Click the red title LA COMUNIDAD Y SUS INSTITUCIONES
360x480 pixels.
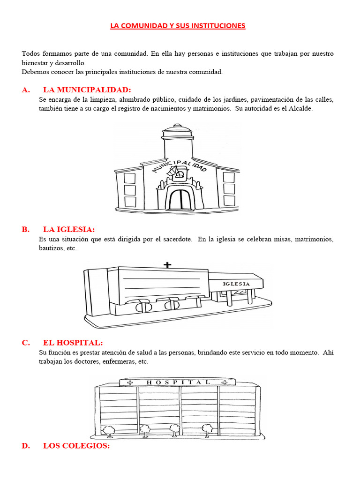pos(178,26)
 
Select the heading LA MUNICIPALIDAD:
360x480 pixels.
pos(87,90)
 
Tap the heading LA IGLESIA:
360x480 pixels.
pos(69,229)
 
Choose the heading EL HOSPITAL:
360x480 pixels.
pos(73,343)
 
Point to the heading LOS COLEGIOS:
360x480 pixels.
pos(76,446)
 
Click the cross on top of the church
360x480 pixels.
pos(167,265)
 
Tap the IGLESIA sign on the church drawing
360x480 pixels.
pos(236,284)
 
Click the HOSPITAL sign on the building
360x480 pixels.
pos(178,382)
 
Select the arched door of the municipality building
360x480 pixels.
pos(179,199)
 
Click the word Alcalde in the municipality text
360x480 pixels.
pos(300,108)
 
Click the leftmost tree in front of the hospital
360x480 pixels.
pos(109,430)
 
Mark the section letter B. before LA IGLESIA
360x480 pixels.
pos(25,229)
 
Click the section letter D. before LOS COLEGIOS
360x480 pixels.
pos(25,446)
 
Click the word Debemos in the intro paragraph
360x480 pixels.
pos(35,72)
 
